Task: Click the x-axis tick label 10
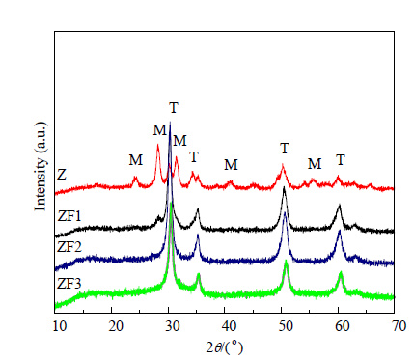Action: coord(60,326)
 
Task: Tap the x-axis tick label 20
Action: coord(116,326)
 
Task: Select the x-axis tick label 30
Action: coord(173,326)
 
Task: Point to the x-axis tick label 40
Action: coord(229,326)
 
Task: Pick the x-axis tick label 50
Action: coord(286,326)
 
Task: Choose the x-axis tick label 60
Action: coord(343,326)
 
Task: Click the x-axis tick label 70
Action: coord(399,326)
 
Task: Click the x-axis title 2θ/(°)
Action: coord(224,347)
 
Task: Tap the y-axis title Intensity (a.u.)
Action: coord(41,167)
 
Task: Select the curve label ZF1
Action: coord(69,216)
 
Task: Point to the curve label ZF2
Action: coord(69,247)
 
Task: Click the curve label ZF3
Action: coord(69,284)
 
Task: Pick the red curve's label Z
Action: coord(62,175)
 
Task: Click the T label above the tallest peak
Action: coord(174,108)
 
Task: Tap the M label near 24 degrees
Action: coord(136,160)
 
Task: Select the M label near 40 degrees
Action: coord(231,165)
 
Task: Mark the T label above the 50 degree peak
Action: coord(285,149)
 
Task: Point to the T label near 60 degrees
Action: coord(341,160)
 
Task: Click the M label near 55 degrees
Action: coord(315,164)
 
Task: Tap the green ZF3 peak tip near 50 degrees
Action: coord(286,261)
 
